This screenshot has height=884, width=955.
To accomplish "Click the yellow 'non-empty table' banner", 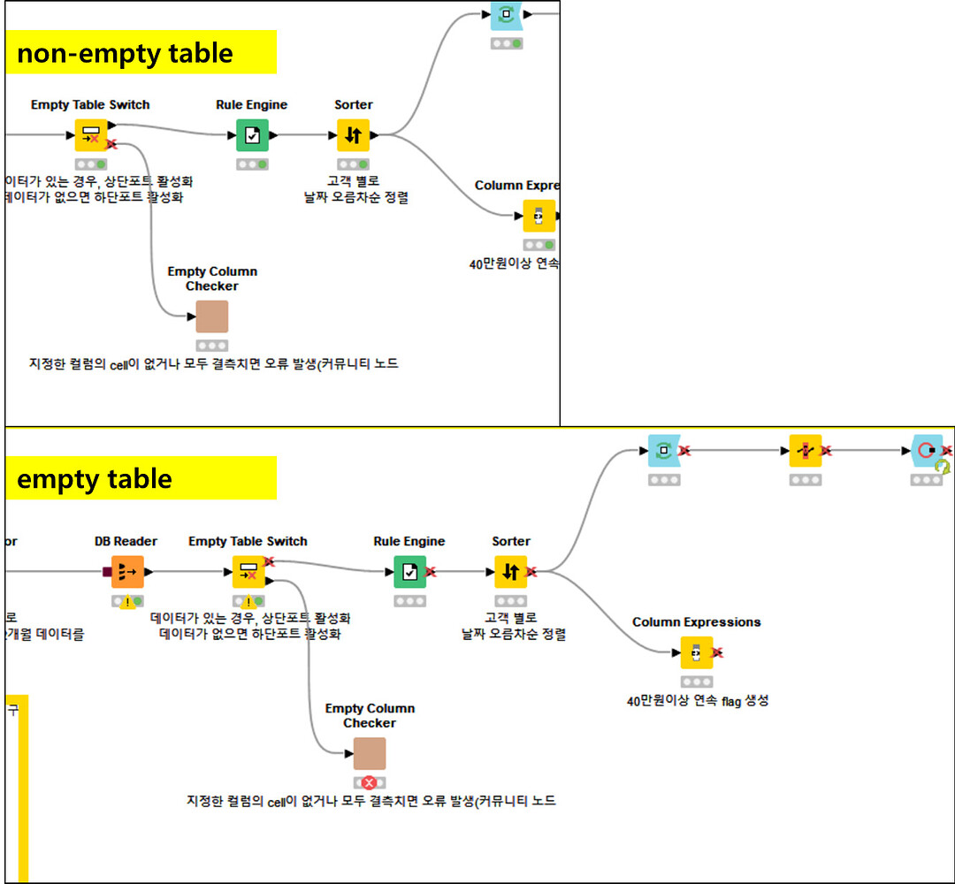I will click(x=141, y=53).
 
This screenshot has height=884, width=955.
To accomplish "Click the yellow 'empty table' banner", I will click(x=141, y=478).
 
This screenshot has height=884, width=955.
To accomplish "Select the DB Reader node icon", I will click(x=127, y=572).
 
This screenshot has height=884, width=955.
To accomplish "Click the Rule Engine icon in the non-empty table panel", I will click(x=252, y=135).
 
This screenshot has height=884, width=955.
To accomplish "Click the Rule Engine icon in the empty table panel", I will click(x=410, y=572).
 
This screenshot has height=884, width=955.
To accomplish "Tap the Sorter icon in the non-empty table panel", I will click(x=353, y=135).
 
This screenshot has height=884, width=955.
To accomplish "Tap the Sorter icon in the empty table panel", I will click(x=510, y=572).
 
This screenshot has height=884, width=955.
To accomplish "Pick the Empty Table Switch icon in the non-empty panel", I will click(x=90, y=135).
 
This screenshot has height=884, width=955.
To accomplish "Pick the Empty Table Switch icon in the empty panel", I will click(x=248, y=572).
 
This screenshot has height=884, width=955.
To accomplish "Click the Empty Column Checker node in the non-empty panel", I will click(x=212, y=316).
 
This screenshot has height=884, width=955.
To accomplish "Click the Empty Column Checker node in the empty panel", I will click(x=370, y=753).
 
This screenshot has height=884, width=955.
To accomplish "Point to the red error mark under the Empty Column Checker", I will click(x=370, y=782).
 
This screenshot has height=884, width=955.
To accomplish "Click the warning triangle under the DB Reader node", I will click(x=128, y=602).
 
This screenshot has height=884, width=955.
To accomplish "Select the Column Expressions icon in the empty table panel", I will click(x=697, y=652).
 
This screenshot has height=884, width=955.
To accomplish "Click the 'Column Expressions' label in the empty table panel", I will click(x=697, y=622).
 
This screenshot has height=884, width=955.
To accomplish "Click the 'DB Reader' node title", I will click(x=126, y=541).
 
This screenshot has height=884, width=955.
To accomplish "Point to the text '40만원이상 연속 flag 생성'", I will click(x=698, y=701).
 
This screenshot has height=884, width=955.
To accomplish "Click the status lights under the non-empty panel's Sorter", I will click(x=353, y=164).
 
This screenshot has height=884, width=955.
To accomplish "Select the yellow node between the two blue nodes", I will click(x=806, y=451).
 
